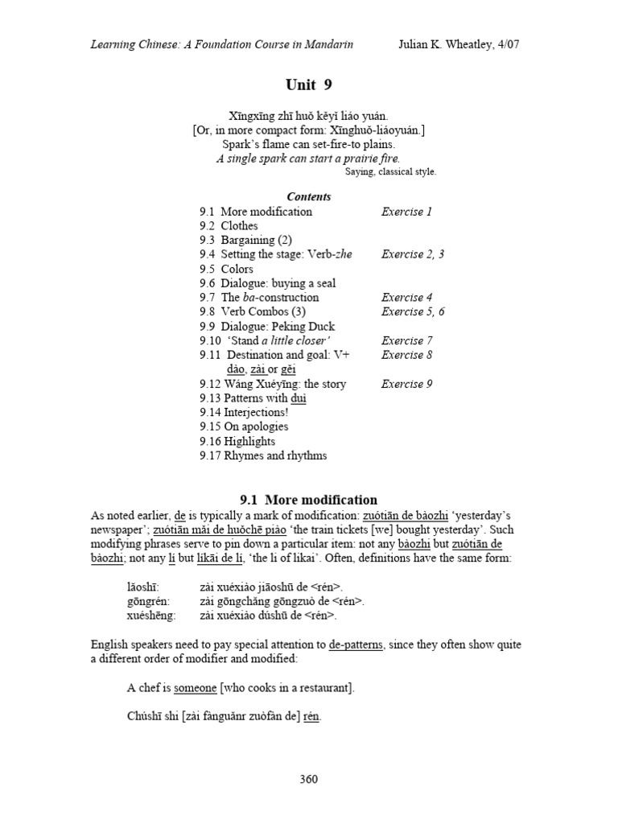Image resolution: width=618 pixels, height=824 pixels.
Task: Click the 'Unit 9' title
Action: point(308,84)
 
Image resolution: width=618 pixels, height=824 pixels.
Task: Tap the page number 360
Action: point(308,779)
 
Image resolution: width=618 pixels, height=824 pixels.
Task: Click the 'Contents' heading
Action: point(308,196)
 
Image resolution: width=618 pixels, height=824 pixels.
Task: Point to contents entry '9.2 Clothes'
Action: point(229,225)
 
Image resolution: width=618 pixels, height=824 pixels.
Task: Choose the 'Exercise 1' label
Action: point(407,212)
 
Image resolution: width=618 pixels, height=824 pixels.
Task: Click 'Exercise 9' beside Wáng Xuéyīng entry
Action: point(407,384)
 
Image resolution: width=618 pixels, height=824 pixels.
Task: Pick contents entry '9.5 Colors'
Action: point(226,269)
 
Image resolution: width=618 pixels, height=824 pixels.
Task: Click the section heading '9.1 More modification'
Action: point(309,500)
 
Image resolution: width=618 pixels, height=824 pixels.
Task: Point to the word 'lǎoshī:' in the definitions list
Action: point(143,587)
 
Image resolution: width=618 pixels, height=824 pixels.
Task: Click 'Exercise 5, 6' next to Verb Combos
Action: point(413,311)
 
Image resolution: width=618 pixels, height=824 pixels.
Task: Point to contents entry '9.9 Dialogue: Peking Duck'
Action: point(267,326)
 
